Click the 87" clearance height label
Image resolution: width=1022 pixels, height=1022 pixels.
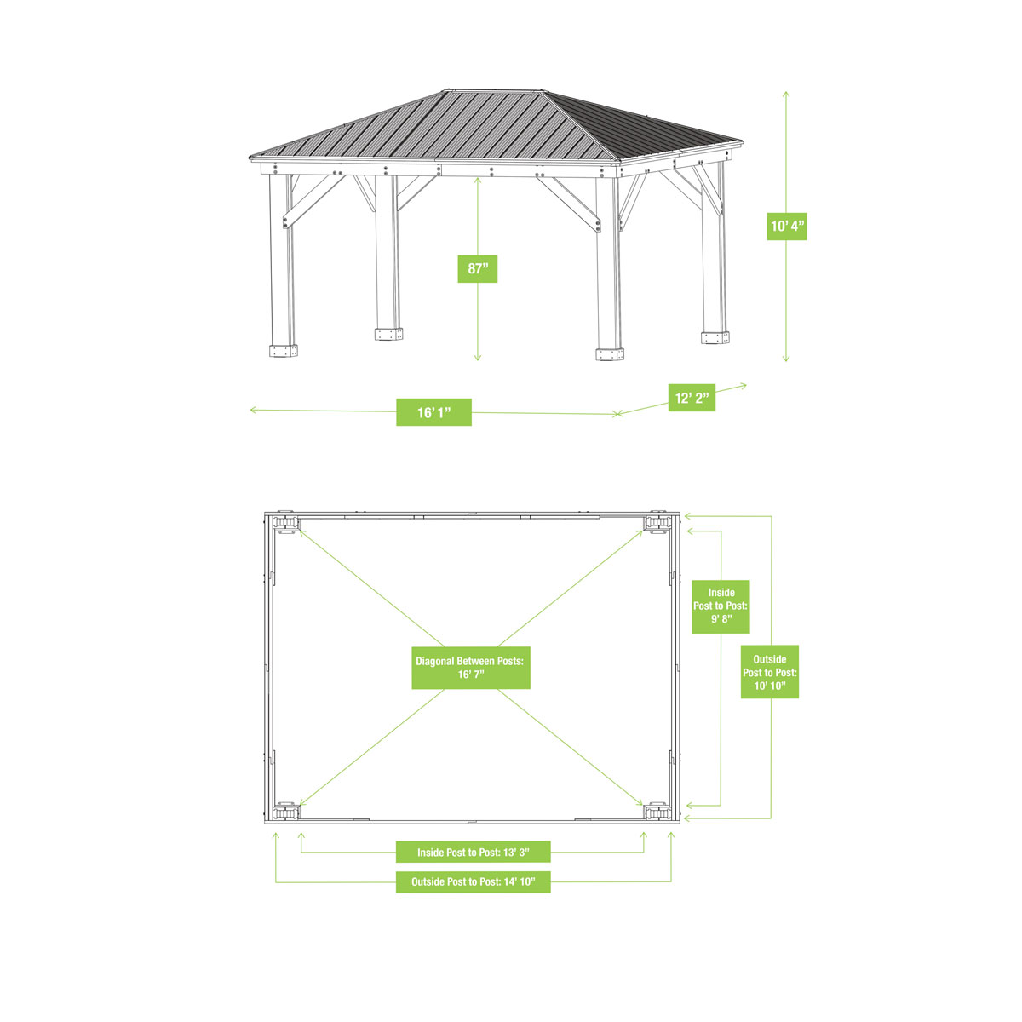477,269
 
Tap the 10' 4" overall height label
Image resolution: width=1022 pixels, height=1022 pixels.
786,227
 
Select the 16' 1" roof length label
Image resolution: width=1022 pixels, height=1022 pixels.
433,412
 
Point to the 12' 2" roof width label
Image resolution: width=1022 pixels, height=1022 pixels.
692,398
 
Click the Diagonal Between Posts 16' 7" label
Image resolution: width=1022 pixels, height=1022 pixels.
471,667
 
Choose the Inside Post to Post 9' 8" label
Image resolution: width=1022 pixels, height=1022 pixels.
721,606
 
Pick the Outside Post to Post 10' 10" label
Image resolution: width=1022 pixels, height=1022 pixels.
770,672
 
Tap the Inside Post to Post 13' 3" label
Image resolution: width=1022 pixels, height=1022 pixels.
473,852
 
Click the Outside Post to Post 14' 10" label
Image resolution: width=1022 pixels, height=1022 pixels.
474,881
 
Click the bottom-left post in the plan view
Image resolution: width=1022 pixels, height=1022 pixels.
285,811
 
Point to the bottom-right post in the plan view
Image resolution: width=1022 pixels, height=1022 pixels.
657,811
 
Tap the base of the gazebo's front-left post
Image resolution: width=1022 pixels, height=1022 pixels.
283,350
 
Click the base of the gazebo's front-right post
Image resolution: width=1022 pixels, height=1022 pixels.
610,353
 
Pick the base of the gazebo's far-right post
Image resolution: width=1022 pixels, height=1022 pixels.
715,337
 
